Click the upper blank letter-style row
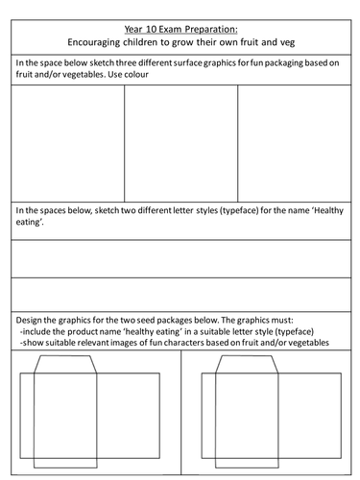(x=180, y=258)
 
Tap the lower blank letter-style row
(x=180, y=295)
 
